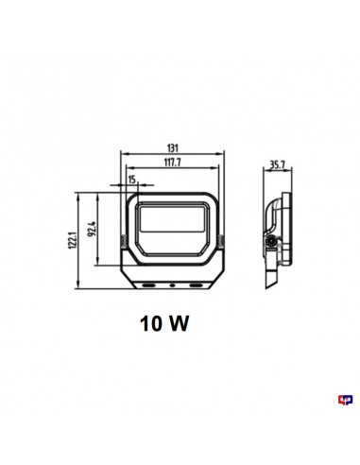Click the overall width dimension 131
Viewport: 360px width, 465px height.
(x=172, y=147)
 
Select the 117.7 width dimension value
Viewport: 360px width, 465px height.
(x=172, y=162)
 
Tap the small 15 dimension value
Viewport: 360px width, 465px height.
(x=129, y=179)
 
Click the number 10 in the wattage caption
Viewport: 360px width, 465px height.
(x=151, y=323)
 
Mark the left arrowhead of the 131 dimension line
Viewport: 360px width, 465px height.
(x=125, y=155)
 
